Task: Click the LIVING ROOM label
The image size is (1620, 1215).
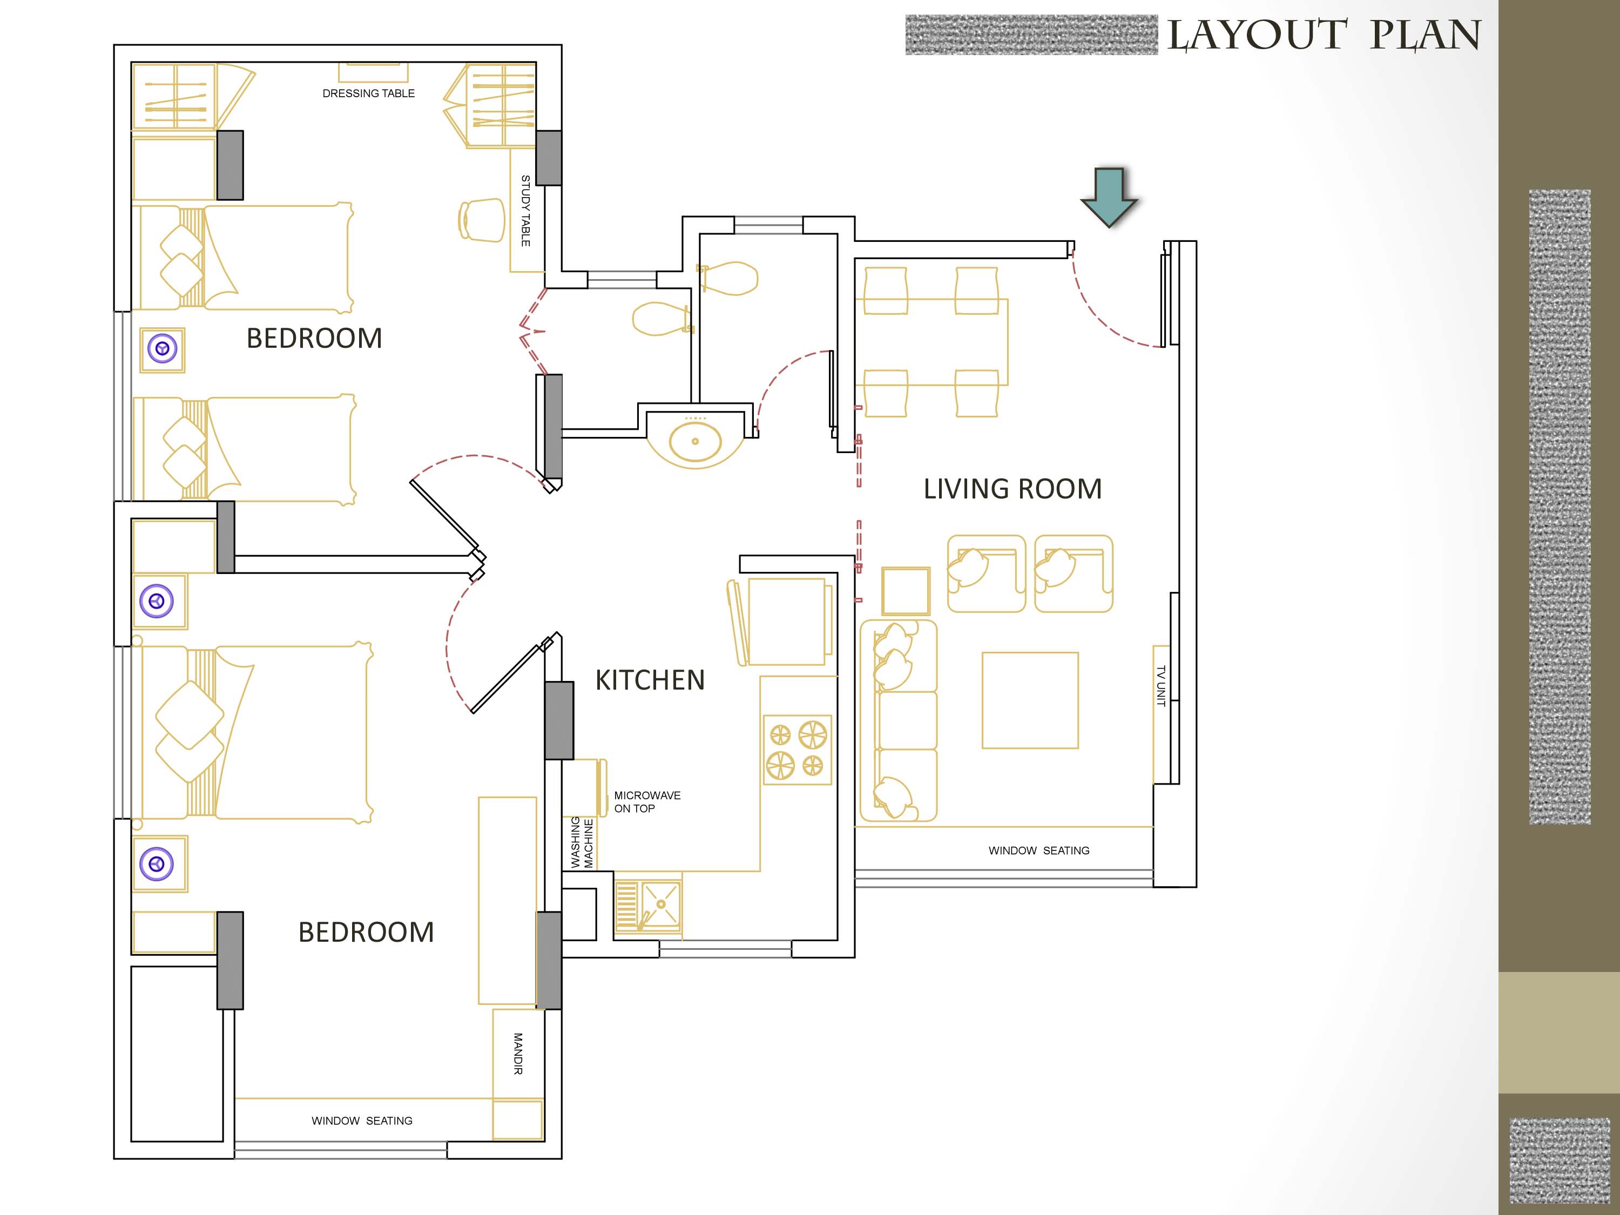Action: pyautogui.click(x=1012, y=489)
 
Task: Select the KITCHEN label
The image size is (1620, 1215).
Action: pyautogui.click(x=650, y=680)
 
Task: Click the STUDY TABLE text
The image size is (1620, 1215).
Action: pyautogui.click(x=525, y=211)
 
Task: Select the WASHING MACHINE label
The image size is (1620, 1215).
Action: pyautogui.click(x=582, y=843)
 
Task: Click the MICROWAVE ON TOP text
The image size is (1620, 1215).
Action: pyautogui.click(x=647, y=802)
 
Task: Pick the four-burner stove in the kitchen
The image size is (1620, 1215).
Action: pyautogui.click(x=797, y=750)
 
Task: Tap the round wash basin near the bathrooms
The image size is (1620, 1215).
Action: pyautogui.click(x=695, y=442)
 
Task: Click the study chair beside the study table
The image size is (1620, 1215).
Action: pyautogui.click(x=482, y=220)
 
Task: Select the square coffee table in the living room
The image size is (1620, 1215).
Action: pyautogui.click(x=1030, y=701)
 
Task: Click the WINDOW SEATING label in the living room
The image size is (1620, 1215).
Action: pyautogui.click(x=1038, y=851)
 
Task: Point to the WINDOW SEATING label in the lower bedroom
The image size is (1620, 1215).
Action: pyautogui.click(x=362, y=1121)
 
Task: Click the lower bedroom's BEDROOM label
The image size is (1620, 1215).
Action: pyautogui.click(x=366, y=932)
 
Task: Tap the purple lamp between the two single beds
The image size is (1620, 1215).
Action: pyautogui.click(x=163, y=349)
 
